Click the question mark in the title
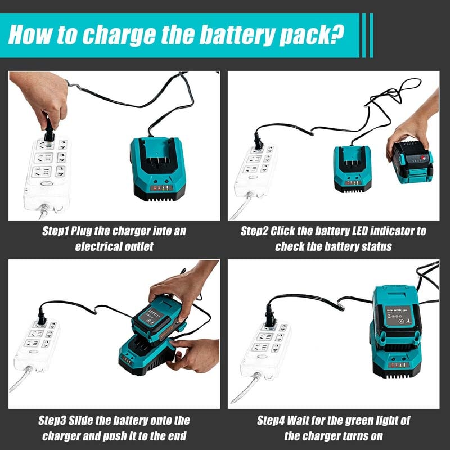click(337, 34)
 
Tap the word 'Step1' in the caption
click(55, 231)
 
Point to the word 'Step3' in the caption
click(52, 421)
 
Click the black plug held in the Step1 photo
click(49, 132)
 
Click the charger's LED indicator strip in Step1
click(161, 188)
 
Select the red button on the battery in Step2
click(424, 157)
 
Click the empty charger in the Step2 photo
click(353, 169)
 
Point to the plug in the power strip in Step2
click(258, 141)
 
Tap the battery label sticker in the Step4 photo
click(398, 316)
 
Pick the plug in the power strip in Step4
click(270, 317)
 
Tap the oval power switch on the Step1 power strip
click(47, 183)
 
